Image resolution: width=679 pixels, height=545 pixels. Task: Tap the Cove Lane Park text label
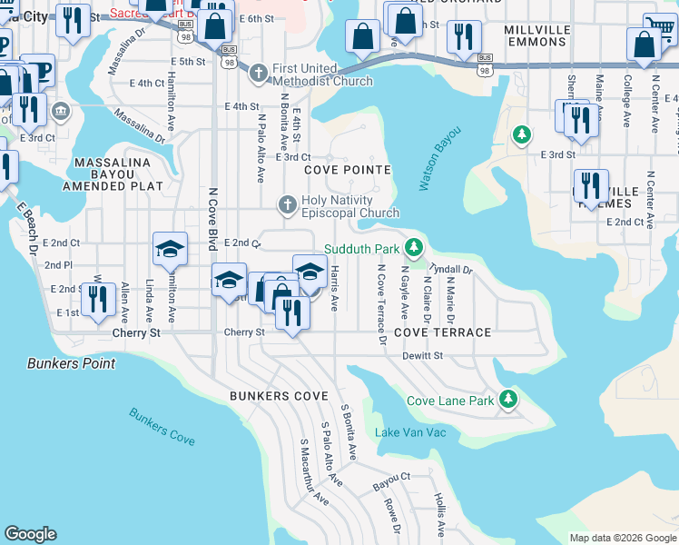(450, 401)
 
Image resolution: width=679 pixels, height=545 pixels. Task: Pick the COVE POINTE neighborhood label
(348, 170)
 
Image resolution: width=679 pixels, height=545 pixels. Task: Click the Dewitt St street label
(422, 356)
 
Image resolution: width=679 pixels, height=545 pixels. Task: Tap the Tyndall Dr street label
(451, 270)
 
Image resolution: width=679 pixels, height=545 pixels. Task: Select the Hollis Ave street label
(439, 515)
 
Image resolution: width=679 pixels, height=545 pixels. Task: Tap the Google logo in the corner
(30, 534)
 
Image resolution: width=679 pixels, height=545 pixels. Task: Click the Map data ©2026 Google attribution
(622, 538)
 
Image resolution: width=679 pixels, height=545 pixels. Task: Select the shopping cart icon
(660, 27)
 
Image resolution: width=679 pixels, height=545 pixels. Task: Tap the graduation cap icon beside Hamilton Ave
(169, 248)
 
